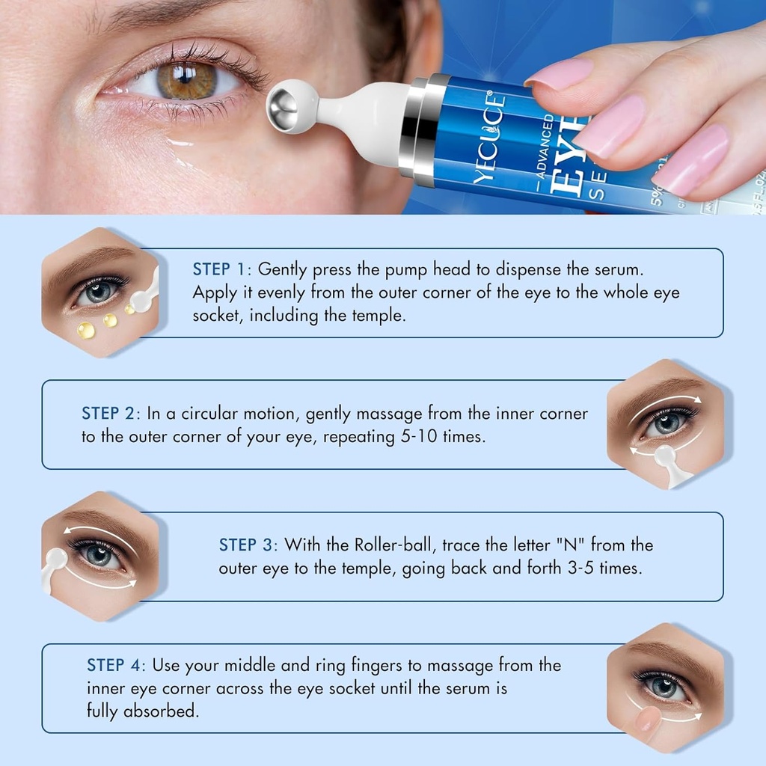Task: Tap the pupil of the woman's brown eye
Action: [186, 80]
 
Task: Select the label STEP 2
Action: [110, 414]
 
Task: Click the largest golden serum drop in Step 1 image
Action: [86, 329]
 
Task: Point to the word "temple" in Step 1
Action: [375, 315]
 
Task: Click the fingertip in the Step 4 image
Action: [649, 719]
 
